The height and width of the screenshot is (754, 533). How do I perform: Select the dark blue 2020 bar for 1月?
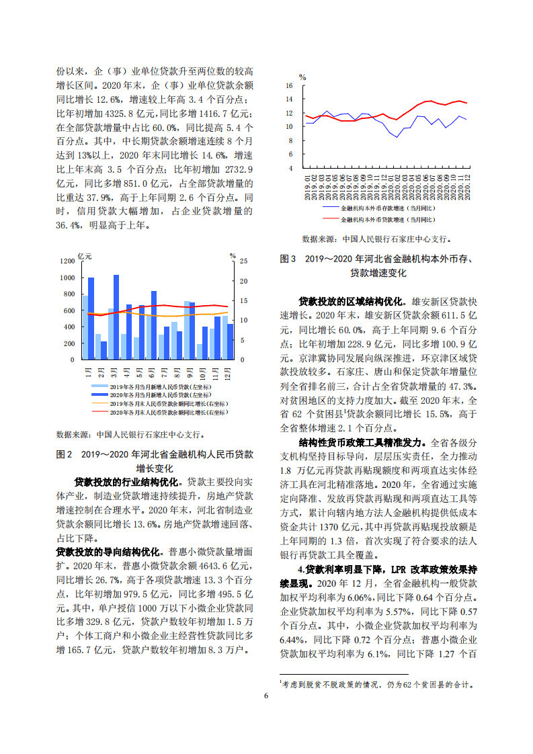(x=91, y=319)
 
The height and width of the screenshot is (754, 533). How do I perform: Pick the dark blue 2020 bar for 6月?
(x=154, y=325)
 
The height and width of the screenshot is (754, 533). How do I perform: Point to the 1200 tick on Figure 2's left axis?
(x=67, y=261)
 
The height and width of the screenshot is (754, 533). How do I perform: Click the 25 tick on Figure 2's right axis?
(x=244, y=261)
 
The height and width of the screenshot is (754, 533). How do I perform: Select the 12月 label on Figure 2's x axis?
(x=228, y=372)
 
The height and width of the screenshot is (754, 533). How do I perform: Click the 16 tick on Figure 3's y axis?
(x=290, y=86)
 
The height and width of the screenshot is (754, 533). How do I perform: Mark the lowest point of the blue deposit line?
(x=397, y=137)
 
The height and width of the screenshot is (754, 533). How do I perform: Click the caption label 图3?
(x=288, y=258)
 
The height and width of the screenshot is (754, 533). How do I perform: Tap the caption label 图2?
(x=65, y=454)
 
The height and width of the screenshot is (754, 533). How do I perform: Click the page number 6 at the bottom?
(x=266, y=696)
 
